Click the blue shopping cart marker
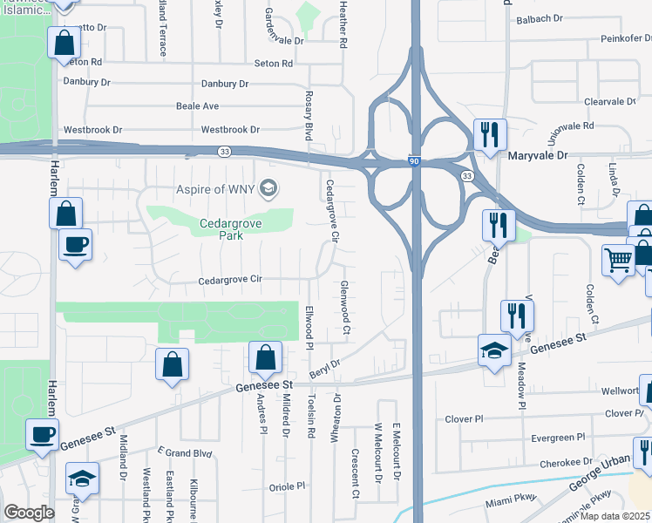618,260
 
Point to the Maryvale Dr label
537,155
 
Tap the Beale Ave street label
198,106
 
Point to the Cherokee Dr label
567,463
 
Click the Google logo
29,513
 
